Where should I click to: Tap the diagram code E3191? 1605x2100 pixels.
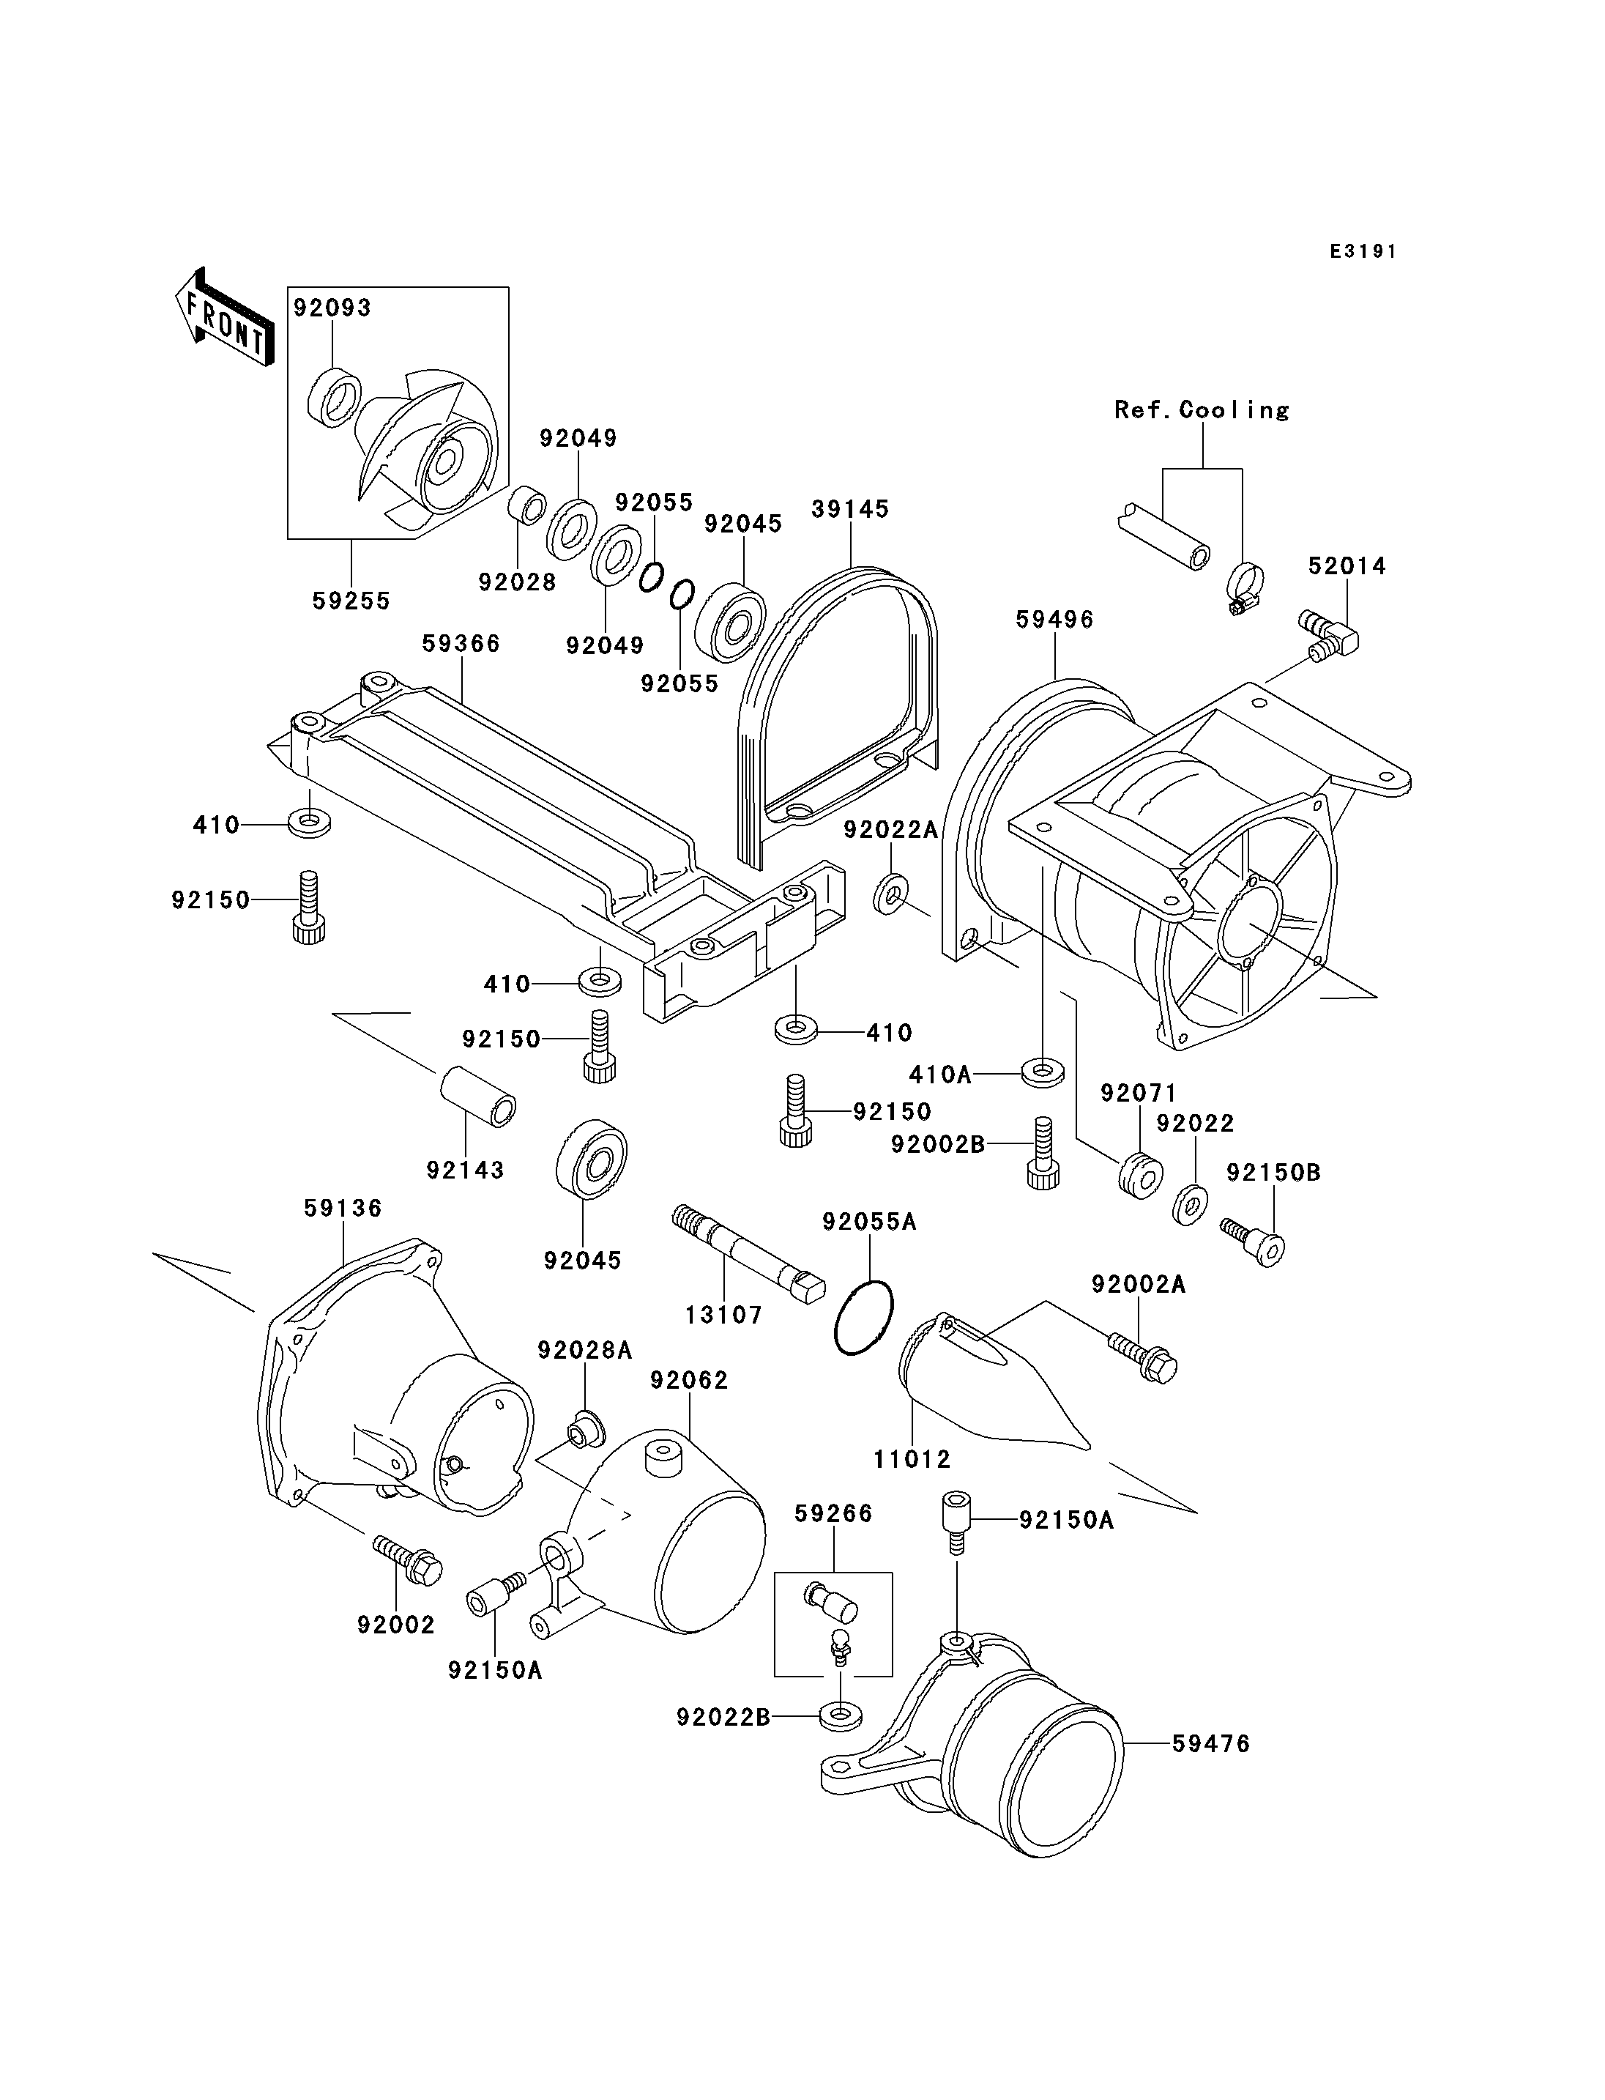(x=1363, y=251)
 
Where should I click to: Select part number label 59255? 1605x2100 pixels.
(x=351, y=601)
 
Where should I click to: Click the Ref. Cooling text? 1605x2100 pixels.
(x=1201, y=410)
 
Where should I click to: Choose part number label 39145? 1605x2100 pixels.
(x=849, y=508)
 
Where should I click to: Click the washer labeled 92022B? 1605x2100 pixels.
(x=840, y=1715)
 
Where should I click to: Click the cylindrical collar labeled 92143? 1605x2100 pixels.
(x=477, y=1097)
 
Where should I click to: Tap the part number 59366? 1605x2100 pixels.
(x=461, y=643)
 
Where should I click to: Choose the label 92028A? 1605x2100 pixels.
(x=585, y=1350)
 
